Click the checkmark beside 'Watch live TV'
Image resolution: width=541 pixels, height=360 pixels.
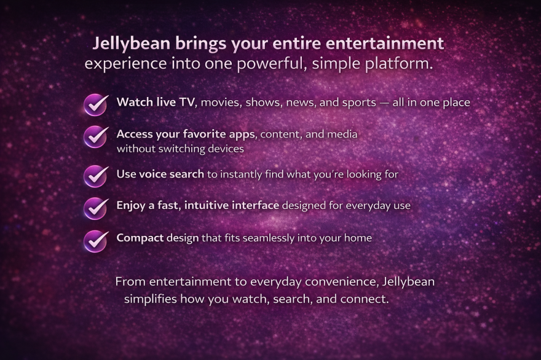[x=95, y=105]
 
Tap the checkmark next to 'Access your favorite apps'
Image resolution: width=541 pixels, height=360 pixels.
[x=95, y=136]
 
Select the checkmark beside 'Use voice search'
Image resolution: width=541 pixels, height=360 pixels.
[x=95, y=176]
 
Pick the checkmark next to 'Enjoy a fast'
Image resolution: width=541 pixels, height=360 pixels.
[x=95, y=208]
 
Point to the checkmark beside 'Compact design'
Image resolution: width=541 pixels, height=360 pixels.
[x=95, y=241]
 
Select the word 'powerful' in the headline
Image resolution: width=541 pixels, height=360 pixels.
[x=271, y=64]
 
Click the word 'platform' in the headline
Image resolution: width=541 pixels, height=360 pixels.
[x=397, y=64]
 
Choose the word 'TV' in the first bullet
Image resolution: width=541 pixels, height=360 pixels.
[x=187, y=102]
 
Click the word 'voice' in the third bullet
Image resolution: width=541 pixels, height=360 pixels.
[x=151, y=174]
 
